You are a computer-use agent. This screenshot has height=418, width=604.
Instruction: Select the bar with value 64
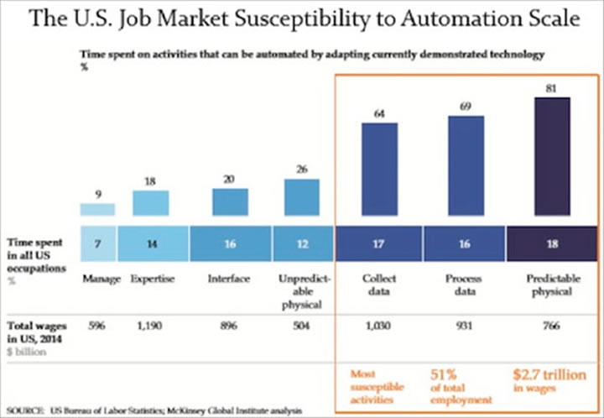(381, 169)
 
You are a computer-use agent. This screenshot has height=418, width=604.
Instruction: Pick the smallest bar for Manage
(97, 209)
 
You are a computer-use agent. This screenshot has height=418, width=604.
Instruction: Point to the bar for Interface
(230, 201)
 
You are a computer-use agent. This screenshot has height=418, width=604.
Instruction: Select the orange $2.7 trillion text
(550, 374)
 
